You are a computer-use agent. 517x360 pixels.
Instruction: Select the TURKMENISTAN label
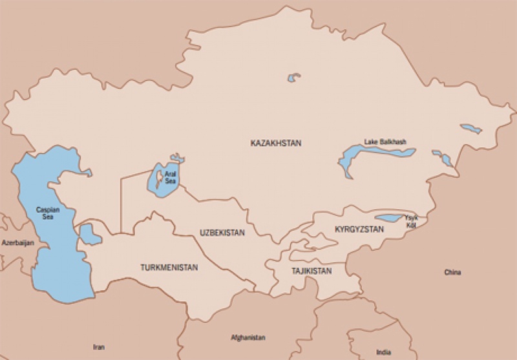click(x=169, y=267)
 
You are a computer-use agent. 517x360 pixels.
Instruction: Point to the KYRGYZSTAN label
click(x=359, y=229)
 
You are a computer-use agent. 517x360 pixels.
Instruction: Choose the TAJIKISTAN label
click(x=311, y=271)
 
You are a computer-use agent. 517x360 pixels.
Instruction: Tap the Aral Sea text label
click(x=170, y=177)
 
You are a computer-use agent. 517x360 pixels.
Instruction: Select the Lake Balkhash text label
click(x=386, y=142)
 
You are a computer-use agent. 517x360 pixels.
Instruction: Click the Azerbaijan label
click(x=17, y=243)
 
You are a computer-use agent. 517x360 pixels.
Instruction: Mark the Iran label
click(x=98, y=347)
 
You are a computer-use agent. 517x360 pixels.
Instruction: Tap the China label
click(x=452, y=273)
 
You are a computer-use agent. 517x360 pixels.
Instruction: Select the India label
click(x=383, y=352)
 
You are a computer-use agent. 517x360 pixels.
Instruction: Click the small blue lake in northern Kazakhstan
click(x=294, y=78)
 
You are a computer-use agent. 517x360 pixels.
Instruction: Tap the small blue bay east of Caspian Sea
click(x=90, y=235)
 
